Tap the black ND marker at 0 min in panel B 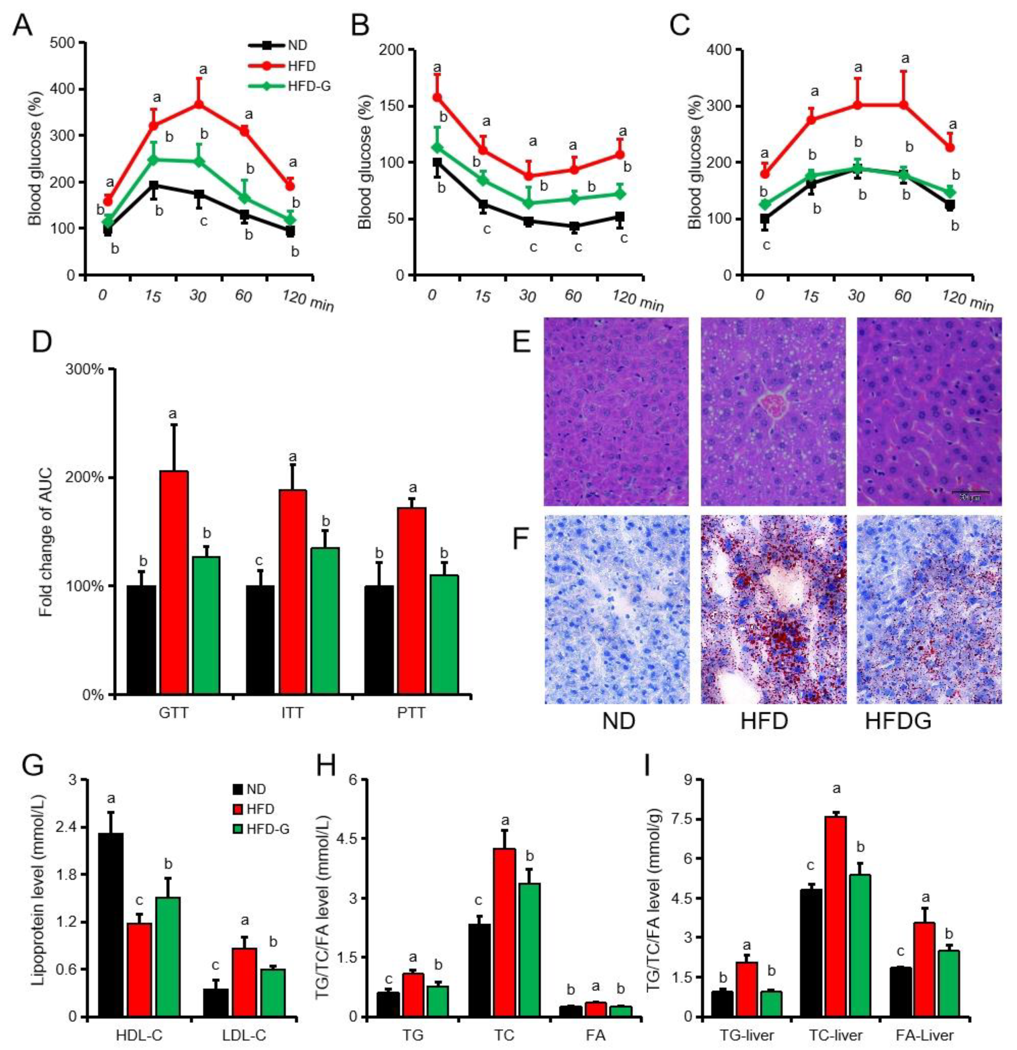pos(437,162)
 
